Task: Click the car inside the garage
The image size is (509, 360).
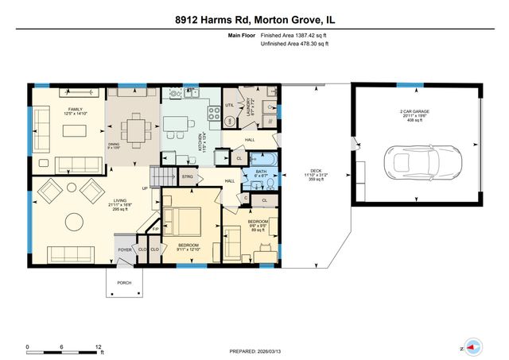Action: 416,161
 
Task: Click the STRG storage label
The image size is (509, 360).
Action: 188,176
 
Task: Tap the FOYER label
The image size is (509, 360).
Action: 125,250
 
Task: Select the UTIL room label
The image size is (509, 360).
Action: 229,104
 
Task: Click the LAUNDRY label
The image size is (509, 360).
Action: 250,106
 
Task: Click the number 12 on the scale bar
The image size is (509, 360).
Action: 98,347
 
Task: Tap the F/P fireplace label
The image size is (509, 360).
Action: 157,229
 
